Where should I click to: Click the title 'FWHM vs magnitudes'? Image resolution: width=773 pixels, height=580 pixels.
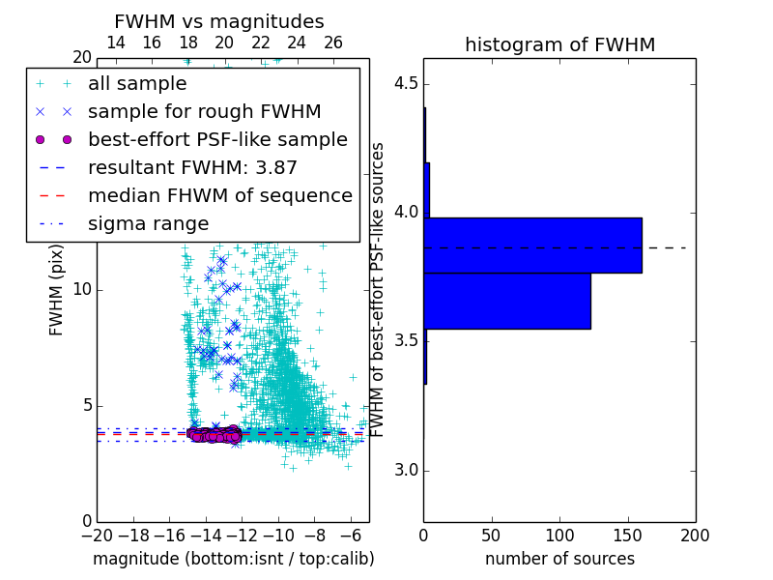(x=219, y=22)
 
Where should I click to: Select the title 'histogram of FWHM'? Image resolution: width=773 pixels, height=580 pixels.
(x=559, y=45)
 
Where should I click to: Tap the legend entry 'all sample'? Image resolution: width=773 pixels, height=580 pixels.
(x=137, y=84)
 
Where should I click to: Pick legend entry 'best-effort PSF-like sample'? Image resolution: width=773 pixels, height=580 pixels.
(x=217, y=140)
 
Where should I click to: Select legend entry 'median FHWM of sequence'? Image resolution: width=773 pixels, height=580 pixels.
(x=219, y=196)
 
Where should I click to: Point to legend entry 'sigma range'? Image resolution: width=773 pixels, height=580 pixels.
(x=148, y=224)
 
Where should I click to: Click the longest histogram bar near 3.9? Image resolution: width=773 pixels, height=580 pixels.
(x=532, y=246)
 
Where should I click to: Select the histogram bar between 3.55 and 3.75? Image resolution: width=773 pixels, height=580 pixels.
(x=507, y=302)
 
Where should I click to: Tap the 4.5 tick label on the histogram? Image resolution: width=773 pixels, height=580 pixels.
(x=406, y=84)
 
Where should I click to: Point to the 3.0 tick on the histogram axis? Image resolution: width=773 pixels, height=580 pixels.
(x=406, y=471)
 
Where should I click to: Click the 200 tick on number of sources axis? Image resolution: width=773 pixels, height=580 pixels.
(x=695, y=535)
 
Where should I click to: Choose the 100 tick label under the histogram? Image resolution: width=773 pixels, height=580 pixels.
(x=559, y=535)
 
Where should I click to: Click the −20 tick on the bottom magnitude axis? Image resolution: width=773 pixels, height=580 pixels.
(x=97, y=535)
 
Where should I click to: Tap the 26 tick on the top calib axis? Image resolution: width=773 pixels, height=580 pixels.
(x=333, y=43)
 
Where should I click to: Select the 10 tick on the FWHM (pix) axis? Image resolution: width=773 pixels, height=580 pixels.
(x=82, y=290)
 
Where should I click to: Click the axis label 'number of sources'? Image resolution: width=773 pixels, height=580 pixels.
(x=559, y=559)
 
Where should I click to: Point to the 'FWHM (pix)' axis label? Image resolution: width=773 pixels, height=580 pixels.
(x=57, y=290)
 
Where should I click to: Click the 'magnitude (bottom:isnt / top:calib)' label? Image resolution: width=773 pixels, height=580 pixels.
(x=233, y=559)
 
